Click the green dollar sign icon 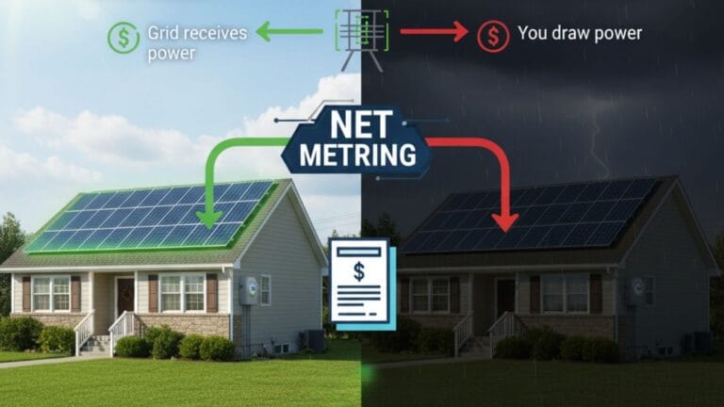click(x=123, y=37)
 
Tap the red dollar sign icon click(x=491, y=36)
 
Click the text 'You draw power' click(x=579, y=34)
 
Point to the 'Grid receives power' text click(x=196, y=43)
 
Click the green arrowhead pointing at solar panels click(x=203, y=220)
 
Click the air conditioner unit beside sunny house click(x=314, y=340)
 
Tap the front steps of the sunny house click(x=96, y=344)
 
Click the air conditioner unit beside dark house click(x=699, y=341)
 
